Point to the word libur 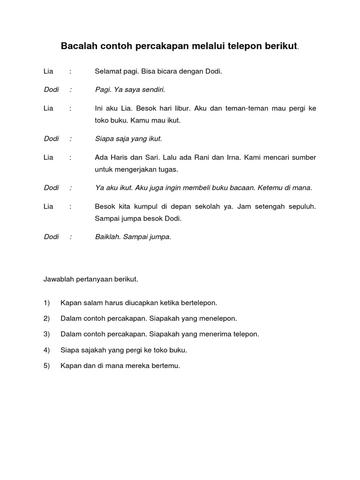[x=181, y=108]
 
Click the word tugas [x=168, y=169]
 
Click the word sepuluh [x=300, y=206]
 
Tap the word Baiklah [x=107, y=237]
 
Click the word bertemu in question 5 [x=166, y=366]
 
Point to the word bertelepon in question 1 [x=197, y=303]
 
